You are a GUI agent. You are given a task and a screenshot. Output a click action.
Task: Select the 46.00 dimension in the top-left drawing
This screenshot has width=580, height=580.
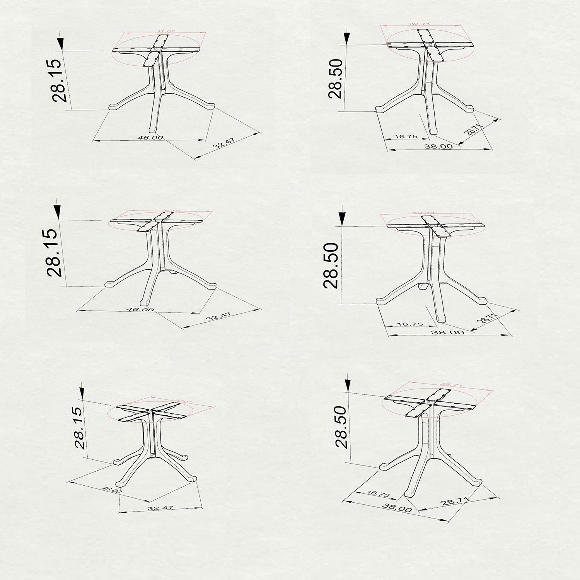150,138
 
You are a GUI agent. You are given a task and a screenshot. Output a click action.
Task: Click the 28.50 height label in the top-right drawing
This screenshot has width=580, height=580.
335,78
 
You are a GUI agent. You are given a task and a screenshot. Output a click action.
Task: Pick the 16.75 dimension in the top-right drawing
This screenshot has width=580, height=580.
406,136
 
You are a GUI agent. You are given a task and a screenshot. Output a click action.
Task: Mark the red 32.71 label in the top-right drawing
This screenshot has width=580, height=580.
420,24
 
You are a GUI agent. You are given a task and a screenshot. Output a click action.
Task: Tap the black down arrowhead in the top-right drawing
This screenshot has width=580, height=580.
347,37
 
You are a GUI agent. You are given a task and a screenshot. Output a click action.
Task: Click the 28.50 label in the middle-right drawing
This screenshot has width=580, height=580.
331,265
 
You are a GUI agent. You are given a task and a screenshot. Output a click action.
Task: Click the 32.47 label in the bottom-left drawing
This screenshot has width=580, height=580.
160,508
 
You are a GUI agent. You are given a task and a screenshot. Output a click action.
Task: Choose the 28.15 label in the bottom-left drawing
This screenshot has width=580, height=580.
79,427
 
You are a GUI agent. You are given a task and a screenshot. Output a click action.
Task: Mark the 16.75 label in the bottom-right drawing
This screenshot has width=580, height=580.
378,493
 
